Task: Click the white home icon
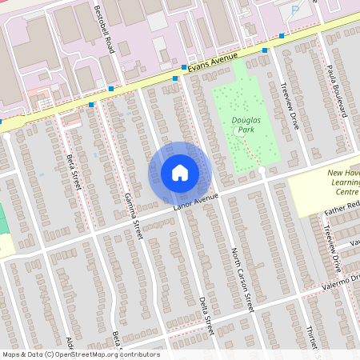click(180, 173)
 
